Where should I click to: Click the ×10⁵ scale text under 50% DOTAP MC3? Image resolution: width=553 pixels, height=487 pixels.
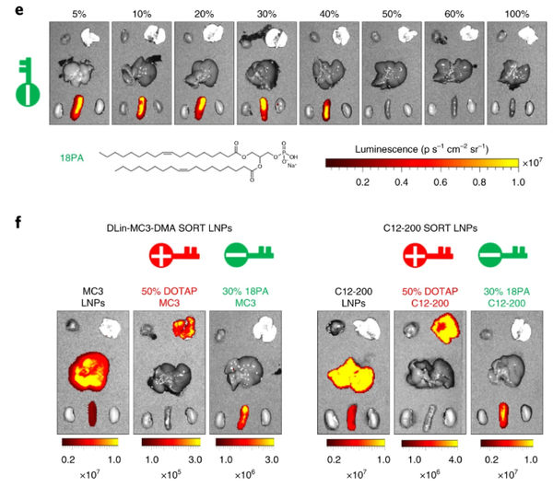tap(167, 476)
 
